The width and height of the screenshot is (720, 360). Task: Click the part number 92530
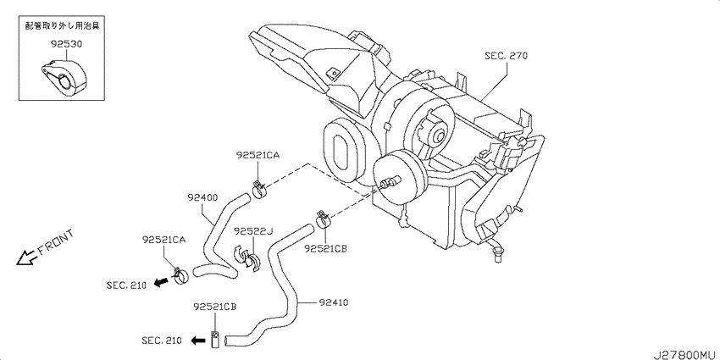(x=66, y=45)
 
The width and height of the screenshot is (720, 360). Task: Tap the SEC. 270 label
(x=506, y=57)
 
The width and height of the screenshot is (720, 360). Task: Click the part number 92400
(x=202, y=198)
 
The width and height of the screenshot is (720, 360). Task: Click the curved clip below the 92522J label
(x=246, y=259)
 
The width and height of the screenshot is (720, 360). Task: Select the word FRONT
(x=56, y=242)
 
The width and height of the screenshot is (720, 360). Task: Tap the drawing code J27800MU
(x=684, y=354)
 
